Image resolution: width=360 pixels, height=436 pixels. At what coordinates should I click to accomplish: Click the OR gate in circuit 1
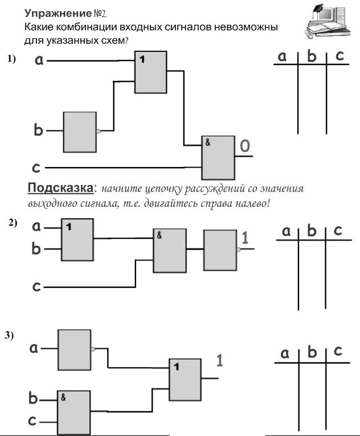(x=150, y=72)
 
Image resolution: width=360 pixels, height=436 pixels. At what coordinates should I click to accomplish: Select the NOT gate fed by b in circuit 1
(x=80, y=132)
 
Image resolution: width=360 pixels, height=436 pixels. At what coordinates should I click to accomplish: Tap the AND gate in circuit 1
(x=218, y=157)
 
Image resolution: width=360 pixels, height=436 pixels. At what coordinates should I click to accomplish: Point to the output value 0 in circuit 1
(x=244, y=146)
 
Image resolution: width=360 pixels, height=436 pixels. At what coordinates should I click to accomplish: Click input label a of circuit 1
(x=39, y=59)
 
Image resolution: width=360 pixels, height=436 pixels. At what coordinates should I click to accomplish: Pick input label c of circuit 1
(x=36, y=168)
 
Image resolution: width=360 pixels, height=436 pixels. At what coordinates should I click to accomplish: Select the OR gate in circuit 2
(x=77, y=239)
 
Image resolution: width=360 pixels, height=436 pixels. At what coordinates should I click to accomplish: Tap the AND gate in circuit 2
(x=169, y=250)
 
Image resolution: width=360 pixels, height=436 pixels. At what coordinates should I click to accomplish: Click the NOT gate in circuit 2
(x=220, y=249)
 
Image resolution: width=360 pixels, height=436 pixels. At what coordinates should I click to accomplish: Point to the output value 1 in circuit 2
(x=246, y=237)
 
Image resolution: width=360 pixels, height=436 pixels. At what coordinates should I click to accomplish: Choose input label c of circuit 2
(x=36, y=286)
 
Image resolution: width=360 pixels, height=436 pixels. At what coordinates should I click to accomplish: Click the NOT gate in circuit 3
(x=74, y=349)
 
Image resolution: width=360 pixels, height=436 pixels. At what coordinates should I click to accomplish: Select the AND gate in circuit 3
(x=73, y=412)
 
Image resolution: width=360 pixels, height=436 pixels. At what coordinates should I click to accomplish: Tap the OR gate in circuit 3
(x=185, y=379)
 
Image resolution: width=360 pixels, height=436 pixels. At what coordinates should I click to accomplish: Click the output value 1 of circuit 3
(x=219, y=360)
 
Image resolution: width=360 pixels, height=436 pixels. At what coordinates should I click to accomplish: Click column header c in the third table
(x=338, y=351)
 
